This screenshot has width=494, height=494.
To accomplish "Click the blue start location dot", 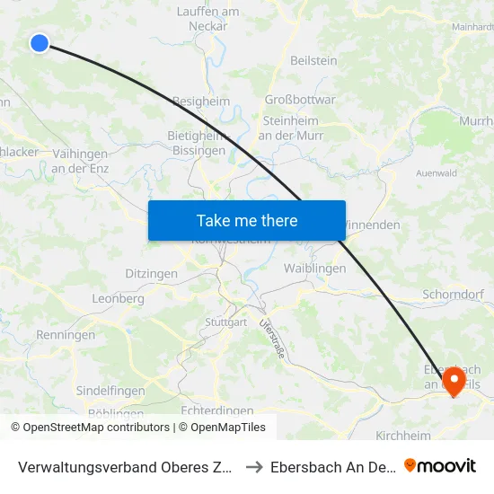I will pyautogui.click(x=40, y=42).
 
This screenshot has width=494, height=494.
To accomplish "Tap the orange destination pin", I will pyautogui.click(x=453, y=381).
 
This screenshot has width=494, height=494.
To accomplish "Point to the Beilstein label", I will pyautogui.click(x=313, y=60).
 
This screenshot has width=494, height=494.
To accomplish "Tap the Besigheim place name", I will pyautogui.click(x=201, y=101).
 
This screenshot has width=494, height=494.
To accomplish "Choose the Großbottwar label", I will pyautogui.click(x=300, y=100).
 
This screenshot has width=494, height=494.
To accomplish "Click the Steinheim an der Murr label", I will pyautogui.click(x=293, y=128).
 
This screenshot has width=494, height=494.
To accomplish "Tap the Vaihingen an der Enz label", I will pyautogui.click(x=80, y=161).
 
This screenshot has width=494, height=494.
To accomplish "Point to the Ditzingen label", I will pyautogui.click(x=151, y=273).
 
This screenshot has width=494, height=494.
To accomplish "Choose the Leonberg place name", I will pyautogui.click(x=118, y=298).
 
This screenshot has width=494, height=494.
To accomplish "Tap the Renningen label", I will pyautogui.click(x=66, y=335).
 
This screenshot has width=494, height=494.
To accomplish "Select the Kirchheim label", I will pyautogui.click(x=402, y=435).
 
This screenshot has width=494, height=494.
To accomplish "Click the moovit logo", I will pyautogui.click(x=440, y=465).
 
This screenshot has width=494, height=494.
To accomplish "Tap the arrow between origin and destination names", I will pyautogui.click(x=253, y=466).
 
